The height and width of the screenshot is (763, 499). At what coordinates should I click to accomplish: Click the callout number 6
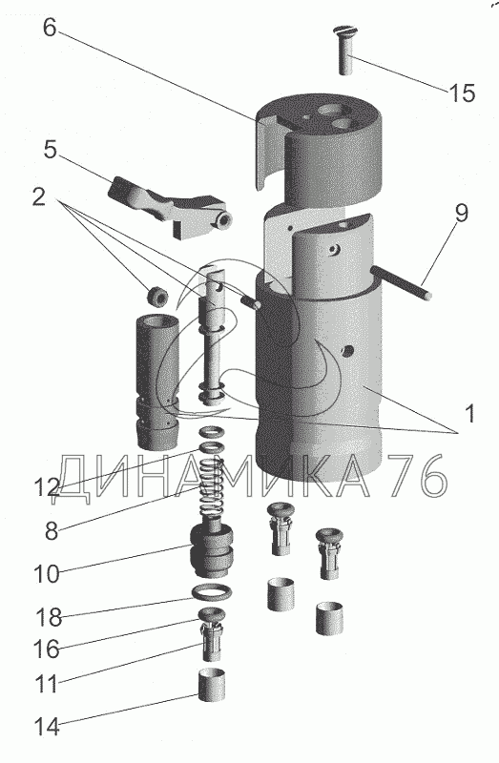click(50, 28)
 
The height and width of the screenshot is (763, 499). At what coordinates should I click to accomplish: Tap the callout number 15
click(462, 93)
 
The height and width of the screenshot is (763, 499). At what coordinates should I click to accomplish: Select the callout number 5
click(51, 150)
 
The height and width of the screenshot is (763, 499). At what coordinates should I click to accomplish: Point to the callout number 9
click(462, 213)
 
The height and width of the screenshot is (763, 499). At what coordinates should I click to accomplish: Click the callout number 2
click(39, 196)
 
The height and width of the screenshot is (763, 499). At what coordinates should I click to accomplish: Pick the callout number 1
click(469, 414)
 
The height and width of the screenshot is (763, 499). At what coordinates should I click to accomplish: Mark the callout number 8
click(52, 530)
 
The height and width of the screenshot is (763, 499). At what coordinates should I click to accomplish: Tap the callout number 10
click(47, 574)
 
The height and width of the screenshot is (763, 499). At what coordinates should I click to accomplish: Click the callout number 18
click(49, 618)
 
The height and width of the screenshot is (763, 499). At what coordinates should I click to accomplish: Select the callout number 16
click(47, 650)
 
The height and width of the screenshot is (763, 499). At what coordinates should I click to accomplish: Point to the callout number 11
click(47, 684)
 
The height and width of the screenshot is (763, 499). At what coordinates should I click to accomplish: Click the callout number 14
click(47, 728)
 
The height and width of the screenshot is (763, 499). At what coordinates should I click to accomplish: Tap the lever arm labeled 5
click(169, 206)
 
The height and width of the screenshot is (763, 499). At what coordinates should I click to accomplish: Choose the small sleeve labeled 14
click(212, 685)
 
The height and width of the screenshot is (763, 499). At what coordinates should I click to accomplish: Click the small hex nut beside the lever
click(157, 296)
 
